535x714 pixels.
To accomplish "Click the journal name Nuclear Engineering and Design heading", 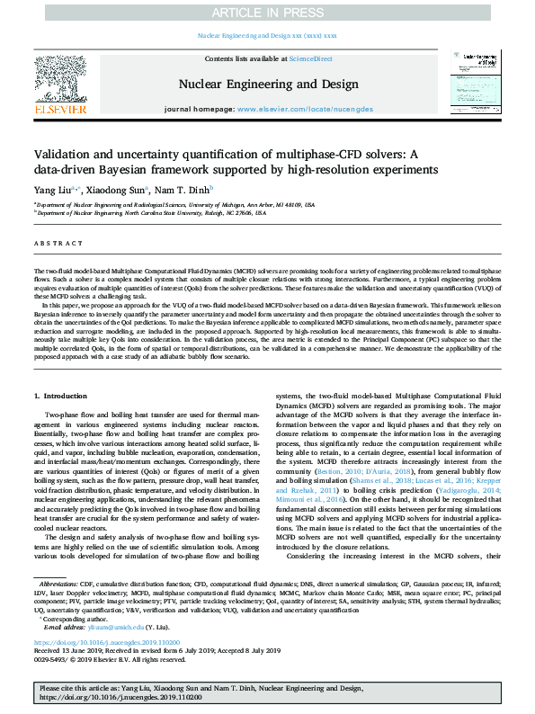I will coord(266,85).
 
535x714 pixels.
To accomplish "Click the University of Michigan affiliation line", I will coord(176,205).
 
